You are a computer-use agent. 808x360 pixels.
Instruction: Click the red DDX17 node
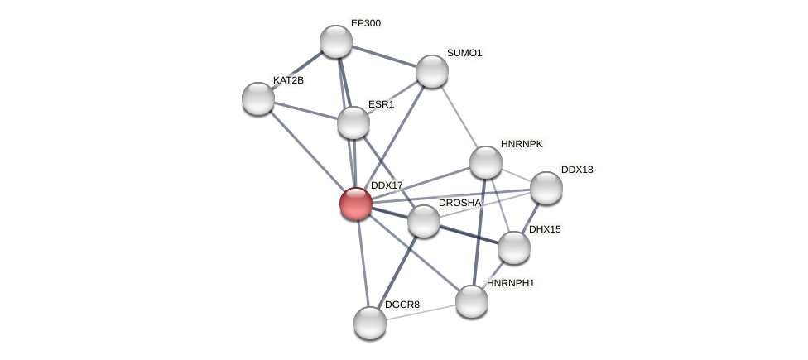coord(356,204)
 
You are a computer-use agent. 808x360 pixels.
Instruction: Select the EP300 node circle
coord(336,41)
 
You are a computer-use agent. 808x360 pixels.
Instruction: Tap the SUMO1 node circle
coord(432,71)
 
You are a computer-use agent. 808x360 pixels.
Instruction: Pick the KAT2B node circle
coord(258,98)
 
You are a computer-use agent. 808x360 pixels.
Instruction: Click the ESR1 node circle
coord(353,122)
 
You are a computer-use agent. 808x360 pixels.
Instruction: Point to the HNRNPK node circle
coord(486,162)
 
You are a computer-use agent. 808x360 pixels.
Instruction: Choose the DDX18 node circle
coord(546,188)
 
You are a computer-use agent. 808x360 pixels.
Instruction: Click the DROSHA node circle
coord(424,221)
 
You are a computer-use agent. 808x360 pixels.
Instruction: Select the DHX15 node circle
coord(514,247)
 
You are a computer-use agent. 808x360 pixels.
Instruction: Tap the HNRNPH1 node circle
coord(472,301)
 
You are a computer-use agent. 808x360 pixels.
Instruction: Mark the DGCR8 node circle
coord(370,323)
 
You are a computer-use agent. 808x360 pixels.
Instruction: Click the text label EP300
coord(366,23)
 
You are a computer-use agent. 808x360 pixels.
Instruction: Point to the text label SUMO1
coord(464,53)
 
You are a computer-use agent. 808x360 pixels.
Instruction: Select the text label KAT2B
coord(288,80)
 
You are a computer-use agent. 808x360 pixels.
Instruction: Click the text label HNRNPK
coord(522,144)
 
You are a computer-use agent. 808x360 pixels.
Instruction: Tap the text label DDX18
coord(577,170)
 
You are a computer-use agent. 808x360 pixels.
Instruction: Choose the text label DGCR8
coord(402,305)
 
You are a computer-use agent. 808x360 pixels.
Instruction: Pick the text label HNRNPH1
coord(511,283)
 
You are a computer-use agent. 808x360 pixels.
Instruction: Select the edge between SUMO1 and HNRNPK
coord(459,117)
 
